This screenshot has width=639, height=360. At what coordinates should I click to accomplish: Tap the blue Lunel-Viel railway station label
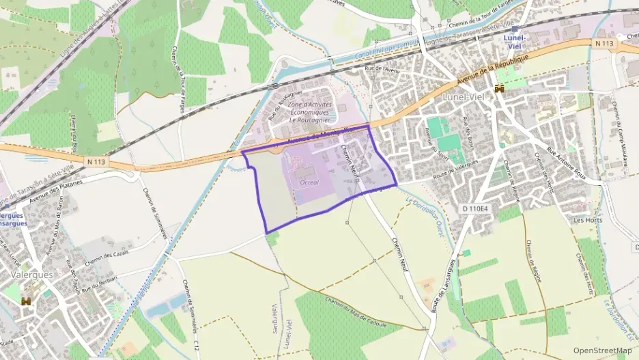pyautogui.click(x=514, y=41)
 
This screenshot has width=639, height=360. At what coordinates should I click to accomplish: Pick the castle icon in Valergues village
pyautogui.click(x=27, y=301)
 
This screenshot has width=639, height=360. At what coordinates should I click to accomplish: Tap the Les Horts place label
pyautogui.click(x=588, y=220)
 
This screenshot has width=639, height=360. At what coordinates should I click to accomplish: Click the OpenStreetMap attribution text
pyautogui.click(x=603, y=350)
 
